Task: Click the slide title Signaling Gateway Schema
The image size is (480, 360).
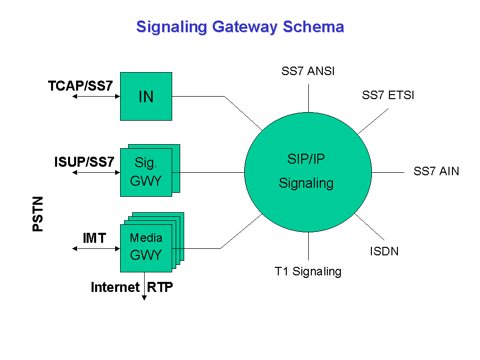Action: (240, 27)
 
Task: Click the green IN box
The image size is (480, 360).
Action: (146, 96)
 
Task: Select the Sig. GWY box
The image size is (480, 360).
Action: (146, 172)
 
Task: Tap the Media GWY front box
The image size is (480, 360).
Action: (146, 247)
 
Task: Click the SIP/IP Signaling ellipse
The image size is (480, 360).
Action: (307, 171)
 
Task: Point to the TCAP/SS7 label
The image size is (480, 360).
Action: (81, 86)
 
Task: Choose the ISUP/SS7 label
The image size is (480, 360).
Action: (85, 162)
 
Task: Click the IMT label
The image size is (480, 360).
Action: (95, 238)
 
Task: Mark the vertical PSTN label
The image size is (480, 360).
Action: (38, 214)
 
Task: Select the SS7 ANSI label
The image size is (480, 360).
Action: (308, 72)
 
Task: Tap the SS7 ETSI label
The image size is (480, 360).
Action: (388, 95)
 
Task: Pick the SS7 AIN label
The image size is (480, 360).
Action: (436, 172)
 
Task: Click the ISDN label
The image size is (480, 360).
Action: (384, 251)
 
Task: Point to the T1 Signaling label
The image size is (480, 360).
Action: (308, 272)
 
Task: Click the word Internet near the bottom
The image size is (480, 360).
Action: (115, 287)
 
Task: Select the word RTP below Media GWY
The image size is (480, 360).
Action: (160, 287)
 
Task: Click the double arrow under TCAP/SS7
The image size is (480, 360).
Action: (96, 96)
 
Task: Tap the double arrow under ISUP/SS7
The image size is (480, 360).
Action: (96, 172)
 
